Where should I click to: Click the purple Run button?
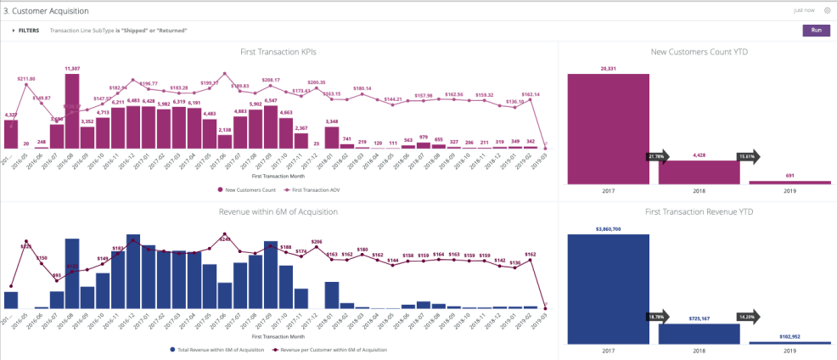pos(816,30)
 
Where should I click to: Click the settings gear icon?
pos(827,10)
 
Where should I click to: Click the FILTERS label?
pos(28,30)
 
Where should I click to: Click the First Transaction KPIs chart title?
pos(279,52)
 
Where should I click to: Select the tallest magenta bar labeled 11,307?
pos(72,110)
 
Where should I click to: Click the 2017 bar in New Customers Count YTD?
pos(609,127)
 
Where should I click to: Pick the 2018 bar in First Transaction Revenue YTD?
pos(699,333)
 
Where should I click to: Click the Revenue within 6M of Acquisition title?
pos(279,211)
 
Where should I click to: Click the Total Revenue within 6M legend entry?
pos(220,349)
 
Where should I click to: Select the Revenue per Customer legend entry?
pos(331,349)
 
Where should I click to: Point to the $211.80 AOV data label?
pos(27,79)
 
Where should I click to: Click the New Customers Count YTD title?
pos(699,52)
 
